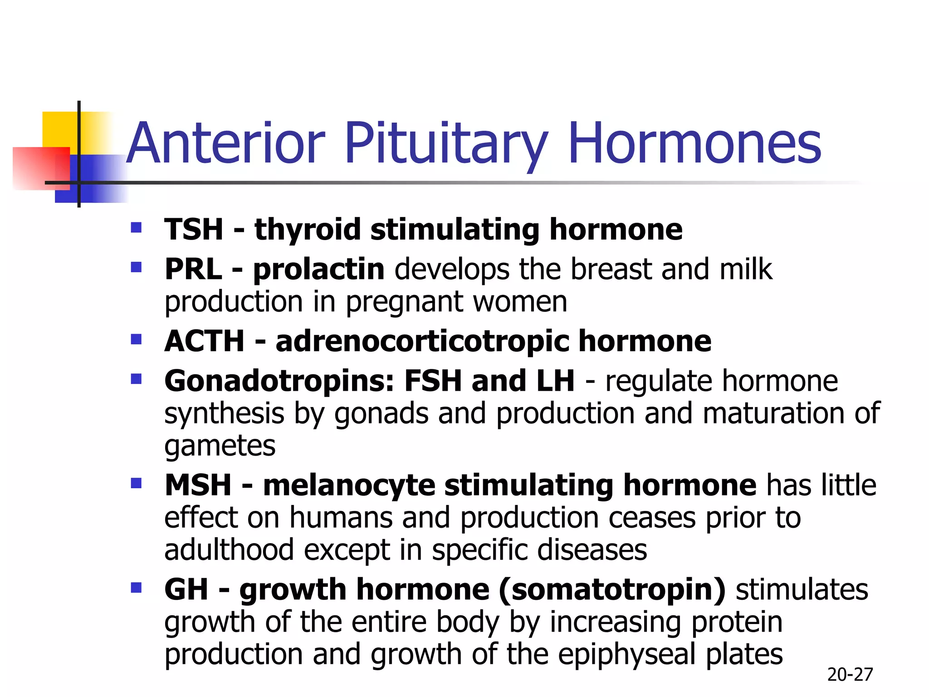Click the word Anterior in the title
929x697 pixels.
[226, 143]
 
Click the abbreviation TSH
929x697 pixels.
[194, 229]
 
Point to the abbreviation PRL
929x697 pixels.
[193, 269]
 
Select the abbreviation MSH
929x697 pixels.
[198, 485]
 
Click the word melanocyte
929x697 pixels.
[349, 485]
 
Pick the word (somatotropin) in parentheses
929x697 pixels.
[612, 589]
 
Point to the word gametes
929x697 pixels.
[220, 446]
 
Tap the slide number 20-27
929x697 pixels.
[850, 675]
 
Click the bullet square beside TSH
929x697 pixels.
[136, 227]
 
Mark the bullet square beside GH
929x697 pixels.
[136, 588]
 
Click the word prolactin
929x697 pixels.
[319, 269]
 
